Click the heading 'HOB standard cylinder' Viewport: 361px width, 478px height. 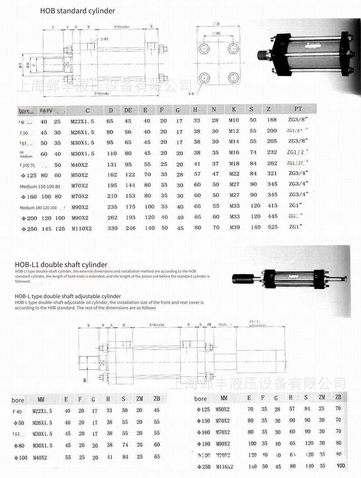(77, 11)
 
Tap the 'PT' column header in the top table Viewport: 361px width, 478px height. (298, 109)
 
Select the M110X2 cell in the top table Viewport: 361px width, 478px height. (82, 229)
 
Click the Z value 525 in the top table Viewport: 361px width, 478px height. (273, 227)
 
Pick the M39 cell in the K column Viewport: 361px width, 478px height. (235, 227)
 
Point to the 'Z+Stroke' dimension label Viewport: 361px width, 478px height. (101, 93)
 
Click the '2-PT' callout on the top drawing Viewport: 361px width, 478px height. (104, 39)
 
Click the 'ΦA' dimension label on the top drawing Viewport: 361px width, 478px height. (20, 66)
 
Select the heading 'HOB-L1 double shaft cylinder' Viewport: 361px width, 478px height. (61, 265)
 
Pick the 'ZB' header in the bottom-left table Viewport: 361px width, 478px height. (157, 399)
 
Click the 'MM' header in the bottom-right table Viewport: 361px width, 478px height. (224, 398)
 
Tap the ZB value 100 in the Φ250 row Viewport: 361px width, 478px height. (340, 466)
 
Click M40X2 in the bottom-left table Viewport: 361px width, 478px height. (40, 458)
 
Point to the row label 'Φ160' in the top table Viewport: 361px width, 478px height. (29, 197)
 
